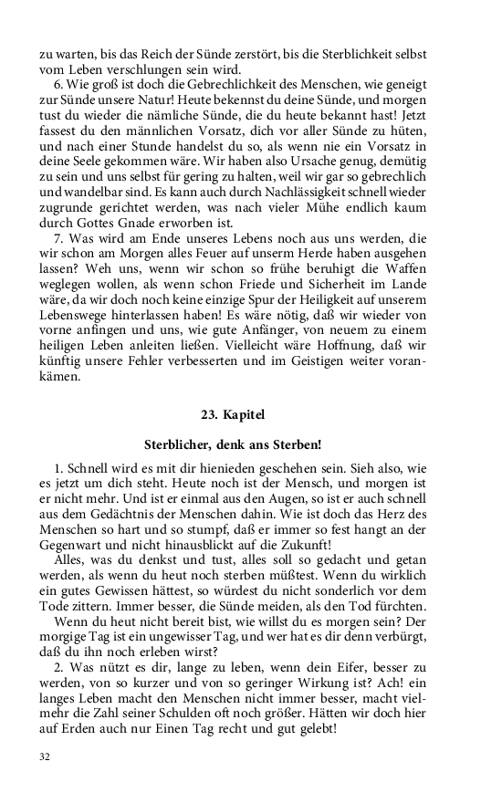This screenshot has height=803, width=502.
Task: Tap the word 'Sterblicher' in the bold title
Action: click(x=180, y=445)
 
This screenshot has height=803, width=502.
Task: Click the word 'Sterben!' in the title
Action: click(x=294, y=445)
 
